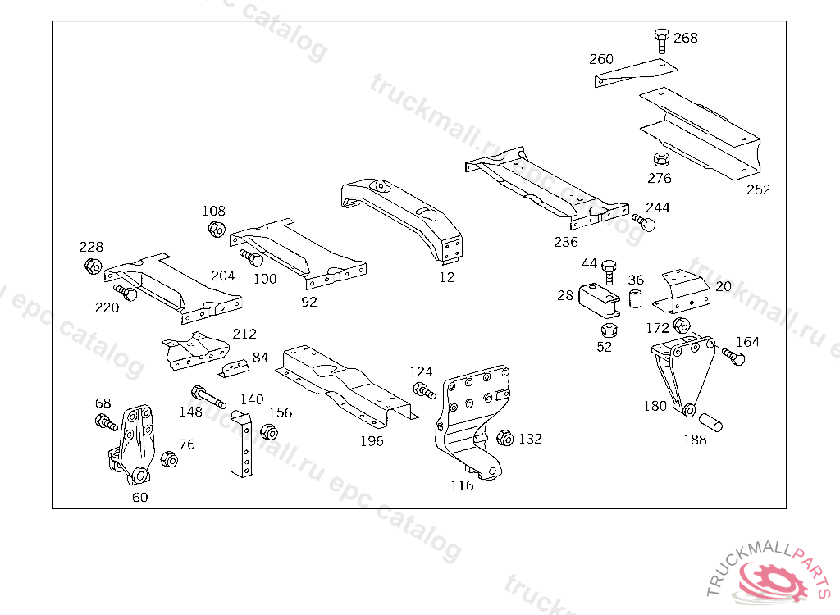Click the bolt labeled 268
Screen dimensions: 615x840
(661, 41)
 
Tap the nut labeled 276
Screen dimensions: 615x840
(659, 159)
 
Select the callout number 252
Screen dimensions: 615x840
(758, 189)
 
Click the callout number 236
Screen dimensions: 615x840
(566, 242)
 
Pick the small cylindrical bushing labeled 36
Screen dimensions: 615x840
(636, 297)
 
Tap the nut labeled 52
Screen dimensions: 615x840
(608, 330)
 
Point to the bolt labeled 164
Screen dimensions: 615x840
(733, 355)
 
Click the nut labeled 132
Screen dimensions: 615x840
(505, 439)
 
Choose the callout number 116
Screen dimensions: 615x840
(462, 485)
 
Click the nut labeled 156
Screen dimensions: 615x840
(267, 431)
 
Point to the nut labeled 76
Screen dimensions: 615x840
(168, 459)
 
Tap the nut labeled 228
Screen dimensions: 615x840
(93, 266)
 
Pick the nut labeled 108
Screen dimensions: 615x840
(217, 229)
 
